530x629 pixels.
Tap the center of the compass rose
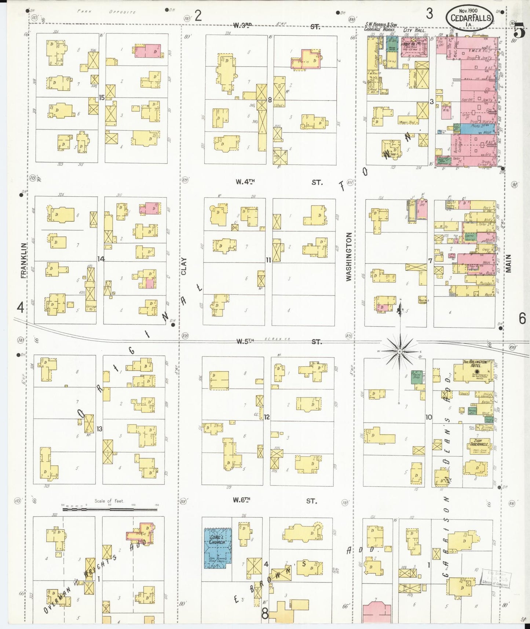coord(399,351)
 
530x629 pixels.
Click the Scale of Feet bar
coord(110,509)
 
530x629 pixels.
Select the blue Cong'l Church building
coord(218,548)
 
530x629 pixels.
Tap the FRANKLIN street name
coord(24,260)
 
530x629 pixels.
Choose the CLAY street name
coord(184,266)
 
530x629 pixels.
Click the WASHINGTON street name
coord(348,257)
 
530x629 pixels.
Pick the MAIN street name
coord(509,264)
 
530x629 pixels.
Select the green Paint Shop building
coord(416,377)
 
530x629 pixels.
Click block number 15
coord(102,98)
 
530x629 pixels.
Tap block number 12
coord(267,417)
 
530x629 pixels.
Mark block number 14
coord(101,259)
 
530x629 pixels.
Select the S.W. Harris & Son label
coord(381,25)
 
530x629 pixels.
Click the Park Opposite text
coord(107,12)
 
